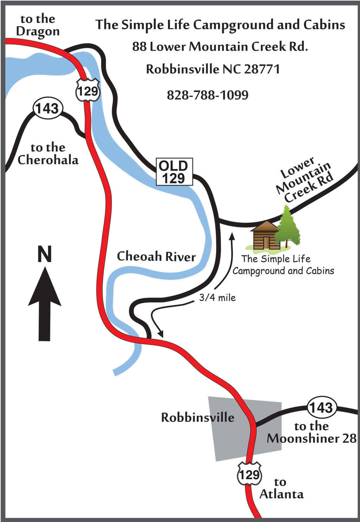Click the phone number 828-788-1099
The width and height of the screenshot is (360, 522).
pyautogui.click(x=207, y=95)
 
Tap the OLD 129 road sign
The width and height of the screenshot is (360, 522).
pyautogui.click(x=174, y=172)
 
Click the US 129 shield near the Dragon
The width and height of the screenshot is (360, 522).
pyautogui.click(x=88, y=91)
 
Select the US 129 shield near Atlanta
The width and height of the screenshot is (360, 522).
pyautogui.click(x=249, y=474)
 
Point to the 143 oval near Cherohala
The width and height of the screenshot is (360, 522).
pyautogui.click(x=47, y=108)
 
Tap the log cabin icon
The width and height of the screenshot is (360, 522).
pyautogui.click(x=265, y=236)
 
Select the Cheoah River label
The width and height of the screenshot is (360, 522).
pyautogui.click(x=156, y=256)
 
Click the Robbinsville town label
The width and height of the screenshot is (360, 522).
pyautogui.click(x=198, y=418)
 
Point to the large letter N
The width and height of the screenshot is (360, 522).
pyautogui.click(x=45, y=254)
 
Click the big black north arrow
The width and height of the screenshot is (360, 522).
pyautogui.click(x=45, y=304)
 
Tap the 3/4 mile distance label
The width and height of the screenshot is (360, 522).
pyautogui.click(x=217, y=298)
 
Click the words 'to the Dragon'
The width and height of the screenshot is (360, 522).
pyautogui.click(x=38, y=25)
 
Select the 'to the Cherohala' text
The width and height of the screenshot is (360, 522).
pyautogui.click(x=48, y=154)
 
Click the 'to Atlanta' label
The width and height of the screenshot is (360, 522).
pyautogui.click(x=281, y=488)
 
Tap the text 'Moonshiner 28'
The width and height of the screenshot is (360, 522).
pyautogui.click(x=311, y=438)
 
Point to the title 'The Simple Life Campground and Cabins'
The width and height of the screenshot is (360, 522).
pyautogui.click(x=220, y=25)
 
